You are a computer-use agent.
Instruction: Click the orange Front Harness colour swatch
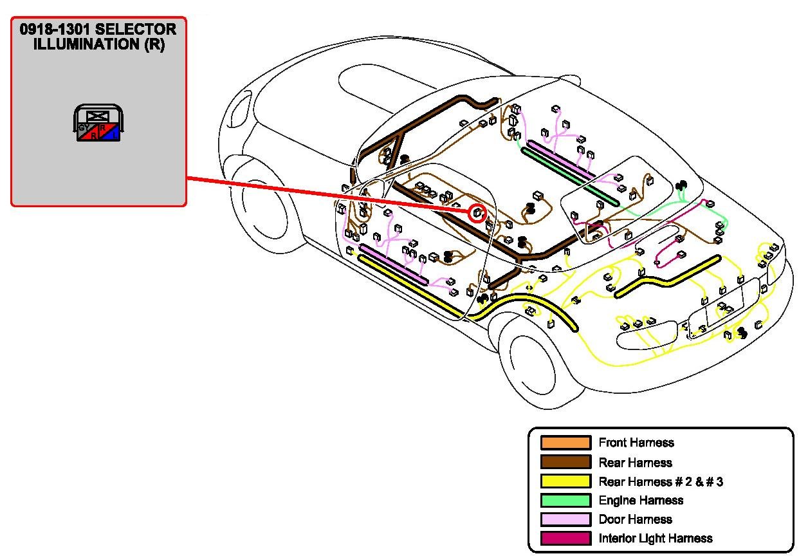click(565, 443)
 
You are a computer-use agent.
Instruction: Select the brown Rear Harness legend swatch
click(565, 462)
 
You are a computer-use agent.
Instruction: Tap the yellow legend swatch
click(565, 481)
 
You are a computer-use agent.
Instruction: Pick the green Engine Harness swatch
click(565, 500)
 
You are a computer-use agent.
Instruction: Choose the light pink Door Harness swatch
click(565, 519)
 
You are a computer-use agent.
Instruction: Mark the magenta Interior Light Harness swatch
click(565, 538)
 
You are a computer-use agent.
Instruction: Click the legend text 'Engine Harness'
click(641, 500)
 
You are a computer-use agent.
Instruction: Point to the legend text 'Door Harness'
click(635, 519)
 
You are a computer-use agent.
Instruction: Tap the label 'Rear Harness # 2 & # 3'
click(661, 481)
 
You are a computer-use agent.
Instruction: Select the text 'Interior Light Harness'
click(656, 538)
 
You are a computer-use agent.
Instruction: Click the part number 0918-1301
click(55, 30)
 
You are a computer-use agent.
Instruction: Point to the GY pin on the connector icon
click(83, 127)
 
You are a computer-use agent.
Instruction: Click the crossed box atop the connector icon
click(98, 116)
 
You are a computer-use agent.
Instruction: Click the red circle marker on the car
click(476, 213)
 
